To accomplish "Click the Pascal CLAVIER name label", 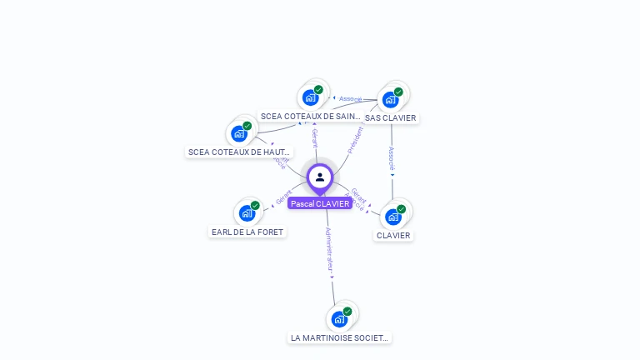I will tap(320, 203).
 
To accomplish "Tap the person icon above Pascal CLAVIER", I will tap(320, 177).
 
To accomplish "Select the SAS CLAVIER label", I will tap(390, 118).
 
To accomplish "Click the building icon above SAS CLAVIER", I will tap(390, 100).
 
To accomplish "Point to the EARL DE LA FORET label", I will tap(247, 232).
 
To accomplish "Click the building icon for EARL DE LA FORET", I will tap(247, 213).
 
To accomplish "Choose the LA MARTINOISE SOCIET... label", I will tap(339, 337).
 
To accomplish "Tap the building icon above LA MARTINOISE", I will tap(339, 319).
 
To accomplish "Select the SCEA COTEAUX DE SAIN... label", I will tap(311, 117).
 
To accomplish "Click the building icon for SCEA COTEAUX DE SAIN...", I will tap(311, 97).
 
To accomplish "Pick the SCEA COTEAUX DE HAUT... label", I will tap(240, 152).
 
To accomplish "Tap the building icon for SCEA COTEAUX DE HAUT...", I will tap(240, 133).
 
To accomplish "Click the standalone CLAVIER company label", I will tap(393, 235).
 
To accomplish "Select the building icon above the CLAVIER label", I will tap(393, 217).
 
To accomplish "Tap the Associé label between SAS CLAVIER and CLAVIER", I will tap(392, 158).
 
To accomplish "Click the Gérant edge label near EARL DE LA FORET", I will tap(283, 197).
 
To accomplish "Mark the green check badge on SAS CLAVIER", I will tap(398, 92).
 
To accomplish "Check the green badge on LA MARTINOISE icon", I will tap(347, 311).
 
